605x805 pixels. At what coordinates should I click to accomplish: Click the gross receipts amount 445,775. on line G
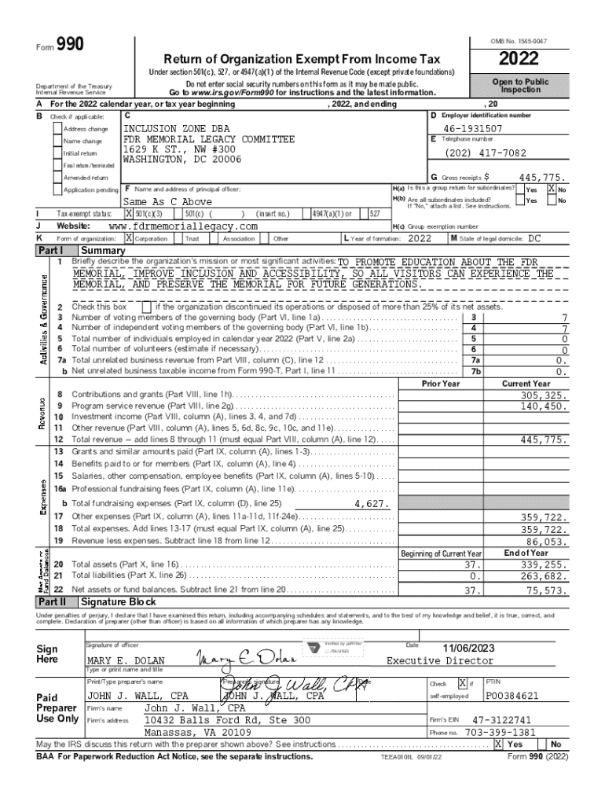537,178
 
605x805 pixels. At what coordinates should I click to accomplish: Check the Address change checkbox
57,129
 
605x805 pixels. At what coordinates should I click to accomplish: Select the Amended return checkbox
57,178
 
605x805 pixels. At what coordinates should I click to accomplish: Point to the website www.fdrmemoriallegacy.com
182,226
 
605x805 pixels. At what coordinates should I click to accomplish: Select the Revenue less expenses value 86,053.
541,542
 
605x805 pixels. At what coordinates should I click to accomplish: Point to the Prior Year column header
440,383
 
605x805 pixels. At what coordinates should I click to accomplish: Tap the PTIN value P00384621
512,696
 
